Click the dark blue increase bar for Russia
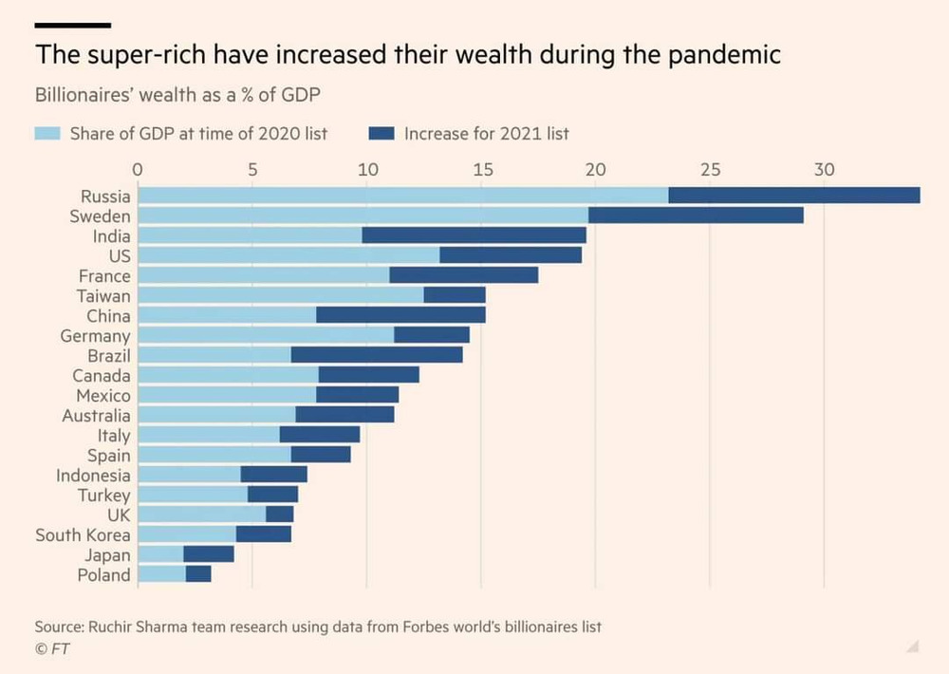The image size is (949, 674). coord(793,196)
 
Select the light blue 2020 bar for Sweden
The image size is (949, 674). coord(363,215)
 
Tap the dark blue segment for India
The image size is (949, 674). coord(474,235)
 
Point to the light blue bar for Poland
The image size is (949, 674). coord(161,574)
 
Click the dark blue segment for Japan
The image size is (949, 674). coord(208,554)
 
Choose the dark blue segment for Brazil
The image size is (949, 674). coord(376,355)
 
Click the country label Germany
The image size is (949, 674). coord(95,336)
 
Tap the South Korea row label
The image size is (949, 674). coord(83,534)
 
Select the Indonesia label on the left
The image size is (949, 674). coord(93,475)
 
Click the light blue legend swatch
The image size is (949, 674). coord(47,134)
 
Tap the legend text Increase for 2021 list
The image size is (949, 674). coord(486,134)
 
